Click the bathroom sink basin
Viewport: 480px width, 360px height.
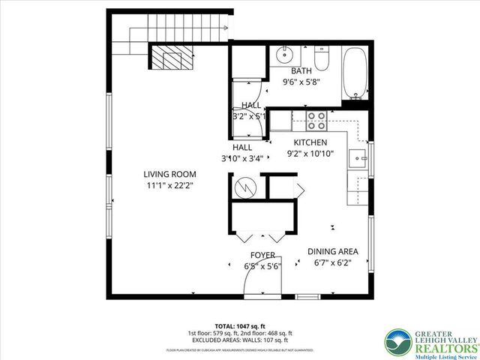[x=283, y=55]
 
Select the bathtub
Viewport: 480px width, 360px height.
[x=355, y=73]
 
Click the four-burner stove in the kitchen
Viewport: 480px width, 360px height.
[x=316, y=121]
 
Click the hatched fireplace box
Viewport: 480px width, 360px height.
[x=172, y=57]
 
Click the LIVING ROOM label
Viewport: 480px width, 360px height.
[x=169, y=174]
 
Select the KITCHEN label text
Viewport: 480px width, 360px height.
[x=310, y=142]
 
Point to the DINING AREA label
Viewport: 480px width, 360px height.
[x=333, y=251]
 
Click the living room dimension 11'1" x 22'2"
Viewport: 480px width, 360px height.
[x=169, y=185]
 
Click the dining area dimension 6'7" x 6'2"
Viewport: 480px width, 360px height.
[x=332, y=263]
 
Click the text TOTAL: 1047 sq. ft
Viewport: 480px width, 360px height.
[x=239, y=324]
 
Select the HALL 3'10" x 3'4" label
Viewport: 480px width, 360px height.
[x=242, y=153]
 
